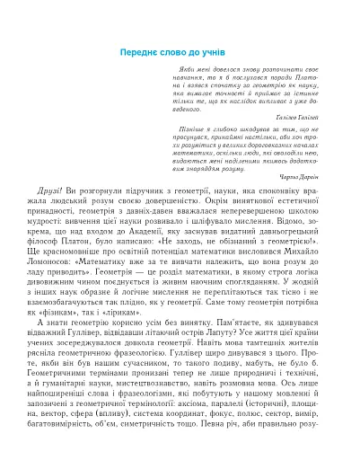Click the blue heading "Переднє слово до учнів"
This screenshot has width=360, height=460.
click(180, 52)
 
